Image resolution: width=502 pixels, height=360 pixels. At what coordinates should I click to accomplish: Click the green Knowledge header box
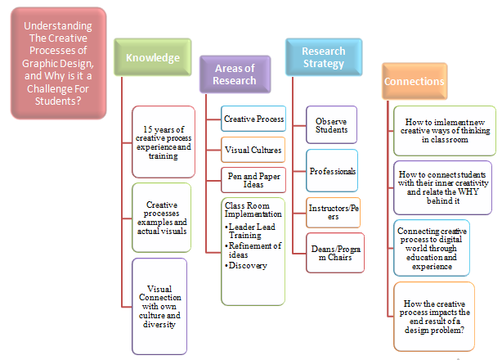(152, 58)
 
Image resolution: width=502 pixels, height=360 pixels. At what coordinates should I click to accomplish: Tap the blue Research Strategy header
(323, 57)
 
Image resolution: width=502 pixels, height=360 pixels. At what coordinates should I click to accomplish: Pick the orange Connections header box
(414, 82)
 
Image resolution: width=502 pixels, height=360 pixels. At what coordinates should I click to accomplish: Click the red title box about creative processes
(58, 62)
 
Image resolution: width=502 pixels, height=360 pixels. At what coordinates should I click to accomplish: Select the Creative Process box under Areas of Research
(253, 119)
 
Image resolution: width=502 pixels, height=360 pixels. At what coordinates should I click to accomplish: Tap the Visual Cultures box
(253, 151)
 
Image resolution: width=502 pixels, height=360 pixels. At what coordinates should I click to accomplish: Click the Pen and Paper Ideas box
(253, 179)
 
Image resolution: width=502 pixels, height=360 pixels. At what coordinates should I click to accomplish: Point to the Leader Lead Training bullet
(250, 229)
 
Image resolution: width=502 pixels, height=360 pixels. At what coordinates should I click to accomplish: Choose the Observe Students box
(331, 125)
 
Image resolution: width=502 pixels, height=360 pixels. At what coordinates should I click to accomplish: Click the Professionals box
(332, 171)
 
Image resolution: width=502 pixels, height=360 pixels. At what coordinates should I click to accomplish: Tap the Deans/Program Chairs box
(332, 252)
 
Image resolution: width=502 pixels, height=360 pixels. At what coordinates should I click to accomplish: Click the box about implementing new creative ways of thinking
(442, 130)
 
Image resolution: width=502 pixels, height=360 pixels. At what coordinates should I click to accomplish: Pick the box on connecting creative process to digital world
(431, 248)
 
